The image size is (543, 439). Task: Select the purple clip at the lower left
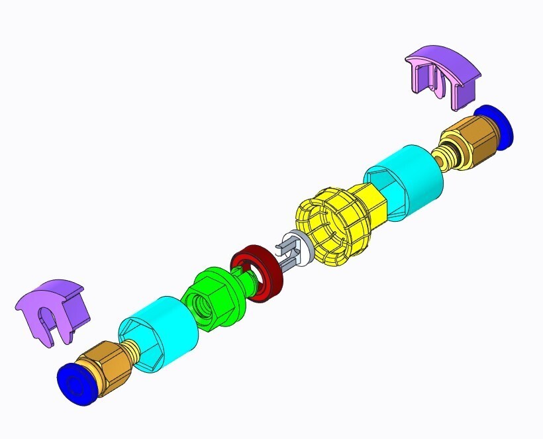coord(53,311)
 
